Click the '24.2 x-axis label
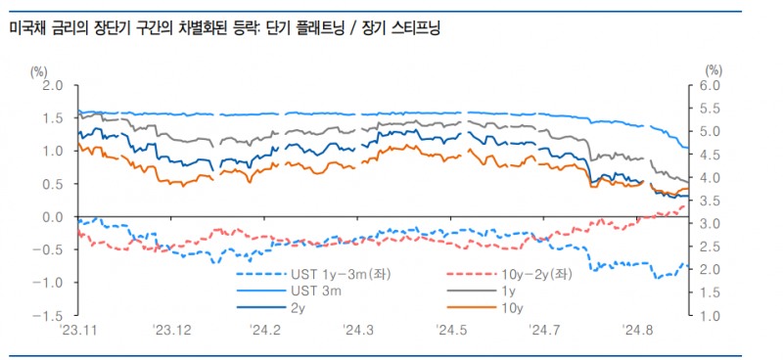(x=264, y=332)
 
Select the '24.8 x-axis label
(x=637, y=332)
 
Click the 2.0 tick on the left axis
(x=54, y=86)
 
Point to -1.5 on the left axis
(x=51, y=316)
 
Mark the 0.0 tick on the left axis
(x=54, y=217)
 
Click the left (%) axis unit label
(x=41, y=70)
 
